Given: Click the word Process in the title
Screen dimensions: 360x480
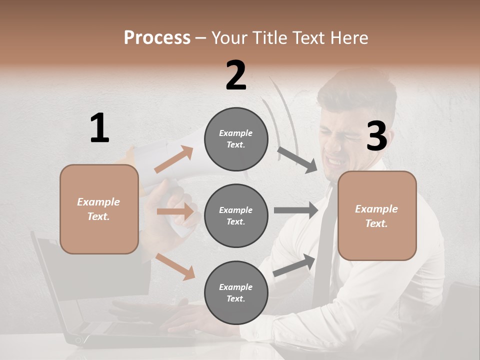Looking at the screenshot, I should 157,38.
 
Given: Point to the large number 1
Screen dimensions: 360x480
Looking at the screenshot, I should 99,128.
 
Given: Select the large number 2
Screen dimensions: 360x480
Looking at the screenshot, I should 236,75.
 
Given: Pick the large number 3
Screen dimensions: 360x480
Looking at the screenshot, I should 376,136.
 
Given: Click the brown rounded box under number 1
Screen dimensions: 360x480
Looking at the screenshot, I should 99,209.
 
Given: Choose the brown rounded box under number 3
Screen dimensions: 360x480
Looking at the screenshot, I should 377,215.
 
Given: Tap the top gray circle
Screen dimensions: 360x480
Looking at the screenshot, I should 236,139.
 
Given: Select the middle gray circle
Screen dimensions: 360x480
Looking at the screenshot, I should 236,215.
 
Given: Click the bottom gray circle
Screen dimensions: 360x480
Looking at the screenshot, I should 236,292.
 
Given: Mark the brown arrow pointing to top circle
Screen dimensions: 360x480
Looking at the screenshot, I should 174,159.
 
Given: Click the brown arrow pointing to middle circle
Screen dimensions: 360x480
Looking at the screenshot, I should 175,211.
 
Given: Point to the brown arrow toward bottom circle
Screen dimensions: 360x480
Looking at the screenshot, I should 175,266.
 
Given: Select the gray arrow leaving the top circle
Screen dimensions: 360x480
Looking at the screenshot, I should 297,159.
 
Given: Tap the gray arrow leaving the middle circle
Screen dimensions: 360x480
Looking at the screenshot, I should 295,210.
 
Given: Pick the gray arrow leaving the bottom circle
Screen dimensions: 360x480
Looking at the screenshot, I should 294,265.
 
